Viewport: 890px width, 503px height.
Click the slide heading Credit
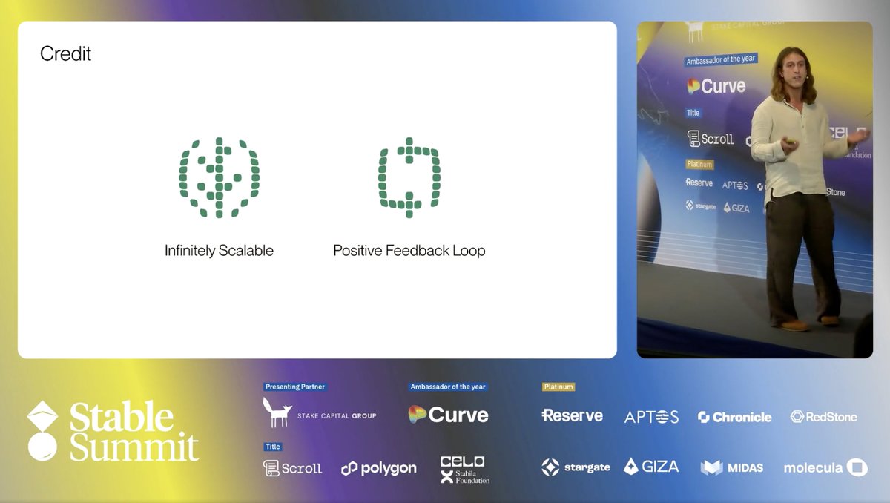(66, 54)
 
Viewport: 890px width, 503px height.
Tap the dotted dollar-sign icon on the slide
(219, 178)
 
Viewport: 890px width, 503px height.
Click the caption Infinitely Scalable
(219, 251)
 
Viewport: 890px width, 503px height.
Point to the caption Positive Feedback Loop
(409, 251)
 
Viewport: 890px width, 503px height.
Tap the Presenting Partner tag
(294, 387)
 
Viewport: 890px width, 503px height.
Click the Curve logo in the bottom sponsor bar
(449, 415)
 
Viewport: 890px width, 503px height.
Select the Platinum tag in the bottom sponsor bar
(558, 387)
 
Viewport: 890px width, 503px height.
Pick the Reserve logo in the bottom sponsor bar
(572, 415)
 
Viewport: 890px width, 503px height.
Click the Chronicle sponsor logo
(734, 417)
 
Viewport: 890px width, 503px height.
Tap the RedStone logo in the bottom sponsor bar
(823, 417)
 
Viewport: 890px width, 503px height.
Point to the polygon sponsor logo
(378, 468)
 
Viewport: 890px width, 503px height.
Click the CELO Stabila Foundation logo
(464, 470)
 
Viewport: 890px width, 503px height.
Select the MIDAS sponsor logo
(732, 467)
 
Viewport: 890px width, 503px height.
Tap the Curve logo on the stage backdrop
(716, 86)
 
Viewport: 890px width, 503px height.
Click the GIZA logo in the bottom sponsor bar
(650, 467)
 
